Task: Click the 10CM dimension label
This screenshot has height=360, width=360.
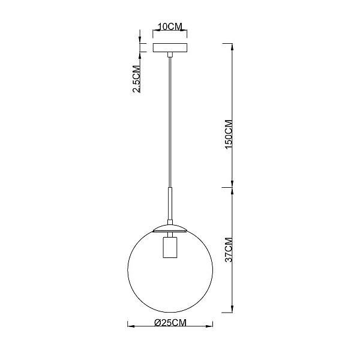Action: point(170,26)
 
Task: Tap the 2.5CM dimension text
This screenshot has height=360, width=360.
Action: point(136,79)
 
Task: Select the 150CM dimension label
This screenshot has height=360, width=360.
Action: point(229,134)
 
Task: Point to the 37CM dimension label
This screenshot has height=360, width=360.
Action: point(229,250)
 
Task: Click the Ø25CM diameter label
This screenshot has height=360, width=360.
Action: point(170,323)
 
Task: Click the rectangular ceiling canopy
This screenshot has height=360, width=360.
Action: point(170,48)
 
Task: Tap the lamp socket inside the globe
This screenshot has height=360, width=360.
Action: point(170,247)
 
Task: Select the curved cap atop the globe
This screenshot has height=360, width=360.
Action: point(170,229)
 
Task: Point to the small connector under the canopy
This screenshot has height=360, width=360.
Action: point(170,55)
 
